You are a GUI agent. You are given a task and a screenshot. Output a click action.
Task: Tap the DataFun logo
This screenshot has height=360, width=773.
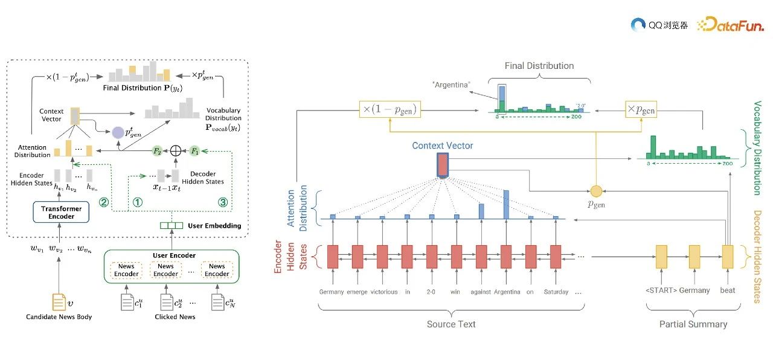point(731,25)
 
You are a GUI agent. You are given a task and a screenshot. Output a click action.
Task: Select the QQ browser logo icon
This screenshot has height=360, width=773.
point(639,25)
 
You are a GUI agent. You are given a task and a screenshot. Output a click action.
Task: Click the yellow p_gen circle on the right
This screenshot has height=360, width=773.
point(596,191)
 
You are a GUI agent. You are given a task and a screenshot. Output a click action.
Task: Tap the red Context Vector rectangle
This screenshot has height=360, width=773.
point(442,165)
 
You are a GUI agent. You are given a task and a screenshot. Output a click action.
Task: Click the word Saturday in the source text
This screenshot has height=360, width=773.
point(556,292)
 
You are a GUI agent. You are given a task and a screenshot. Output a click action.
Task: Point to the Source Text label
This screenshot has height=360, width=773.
point(451,324)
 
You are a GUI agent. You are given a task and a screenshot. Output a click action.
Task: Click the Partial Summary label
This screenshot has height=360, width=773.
point(693,324)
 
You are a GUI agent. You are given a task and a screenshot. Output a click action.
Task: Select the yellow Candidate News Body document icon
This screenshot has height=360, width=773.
point(59,301)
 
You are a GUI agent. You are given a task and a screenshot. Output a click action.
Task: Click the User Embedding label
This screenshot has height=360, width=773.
point(214,226)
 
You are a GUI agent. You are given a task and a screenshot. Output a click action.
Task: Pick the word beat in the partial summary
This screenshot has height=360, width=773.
point(728,291)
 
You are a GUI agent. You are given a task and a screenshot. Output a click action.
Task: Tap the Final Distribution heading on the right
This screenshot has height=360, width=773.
point(539,65)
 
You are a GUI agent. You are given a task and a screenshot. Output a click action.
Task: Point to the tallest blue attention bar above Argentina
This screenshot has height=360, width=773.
point(505,204)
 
